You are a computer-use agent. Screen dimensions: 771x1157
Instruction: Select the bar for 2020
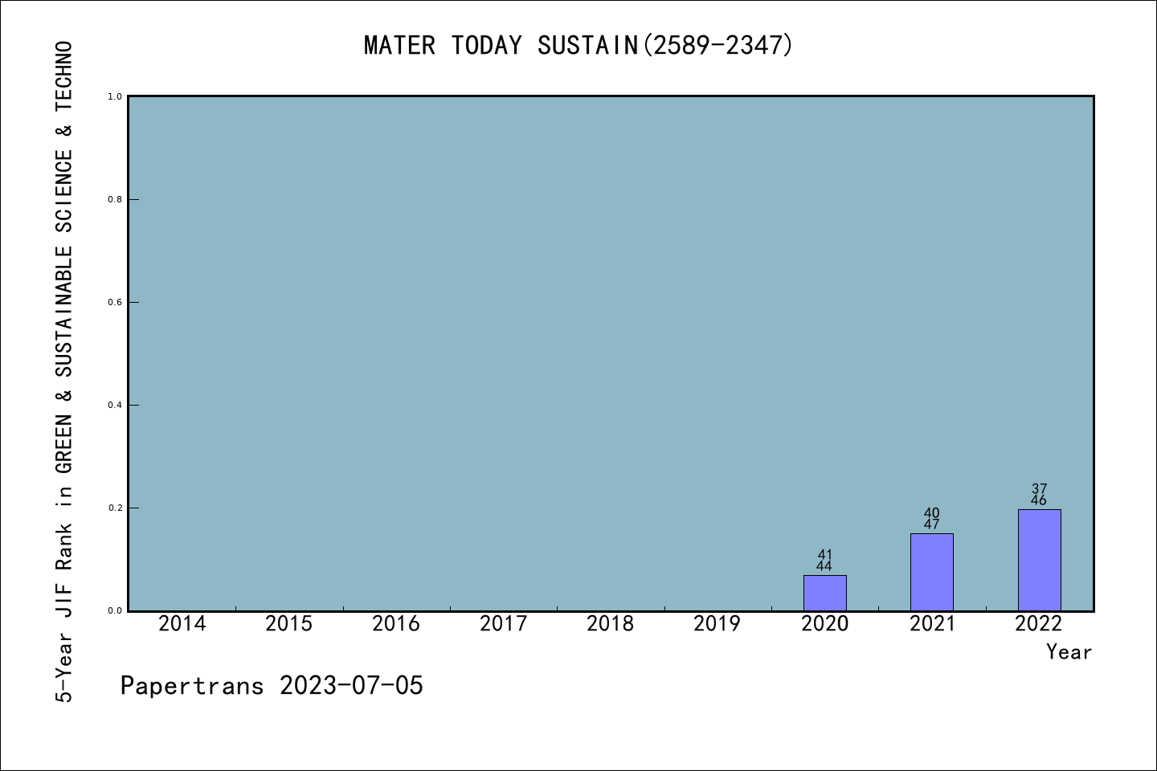point(824,593)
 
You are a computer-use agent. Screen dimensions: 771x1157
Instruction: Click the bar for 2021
point(931,572)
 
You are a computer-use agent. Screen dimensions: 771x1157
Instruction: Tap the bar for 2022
point(1039,560)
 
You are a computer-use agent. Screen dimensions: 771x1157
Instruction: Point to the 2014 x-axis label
point(182,624)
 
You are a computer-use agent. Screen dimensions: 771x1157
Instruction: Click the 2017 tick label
point(503,624)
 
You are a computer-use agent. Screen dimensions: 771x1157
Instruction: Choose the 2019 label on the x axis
point(717,624)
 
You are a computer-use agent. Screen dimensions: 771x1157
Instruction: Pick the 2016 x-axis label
point(395,624)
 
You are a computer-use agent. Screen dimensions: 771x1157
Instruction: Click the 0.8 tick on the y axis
point(115,199)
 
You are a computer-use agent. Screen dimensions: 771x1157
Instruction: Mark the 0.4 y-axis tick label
point(115,405)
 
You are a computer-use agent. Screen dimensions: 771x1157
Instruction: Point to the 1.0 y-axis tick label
point(115,96)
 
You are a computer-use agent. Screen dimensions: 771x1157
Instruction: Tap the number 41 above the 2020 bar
point(824,555)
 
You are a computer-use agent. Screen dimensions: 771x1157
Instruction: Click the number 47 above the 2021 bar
point(931,525)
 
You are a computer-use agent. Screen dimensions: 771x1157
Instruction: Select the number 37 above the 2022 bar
point(1039,489)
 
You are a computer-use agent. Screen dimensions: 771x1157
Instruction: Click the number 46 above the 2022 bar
point(1039,501)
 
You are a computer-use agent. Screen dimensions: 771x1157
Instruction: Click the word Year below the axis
point(1069,652)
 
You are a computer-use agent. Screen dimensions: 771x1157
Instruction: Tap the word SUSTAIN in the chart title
point(587,46)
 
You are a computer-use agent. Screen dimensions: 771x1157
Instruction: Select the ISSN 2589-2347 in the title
point(718,46)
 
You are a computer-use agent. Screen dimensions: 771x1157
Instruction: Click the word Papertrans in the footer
point(192,686)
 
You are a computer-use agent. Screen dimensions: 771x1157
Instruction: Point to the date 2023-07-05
point(351,686)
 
